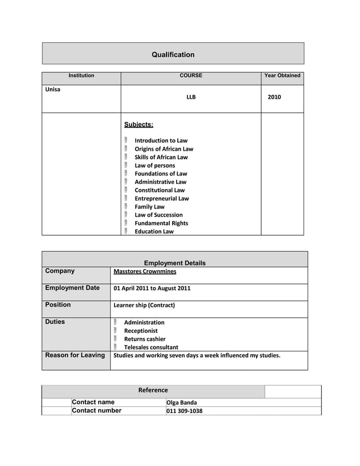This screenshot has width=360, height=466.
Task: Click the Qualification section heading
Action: click(x=173, y=55)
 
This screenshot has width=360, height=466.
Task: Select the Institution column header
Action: click(x=81, y=76)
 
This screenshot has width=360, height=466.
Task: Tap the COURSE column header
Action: click(x=191, y=76)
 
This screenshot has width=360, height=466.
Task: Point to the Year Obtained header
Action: click(x=282, y=76)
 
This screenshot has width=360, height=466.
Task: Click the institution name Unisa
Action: click(x=52, y=90)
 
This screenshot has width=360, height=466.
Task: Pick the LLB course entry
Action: click(x=191, y=97)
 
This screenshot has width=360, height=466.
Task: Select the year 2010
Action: click(x=274, y=97)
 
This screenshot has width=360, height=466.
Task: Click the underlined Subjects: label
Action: click(x=138, y=125)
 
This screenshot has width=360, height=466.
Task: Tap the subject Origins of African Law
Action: click(x=164, y=149)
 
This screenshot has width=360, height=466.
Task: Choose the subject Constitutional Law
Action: click(x=159, y=190)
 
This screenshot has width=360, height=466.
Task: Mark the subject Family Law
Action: click(x=150, y=206)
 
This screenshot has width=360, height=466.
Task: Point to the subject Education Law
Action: click(x=154, y=231)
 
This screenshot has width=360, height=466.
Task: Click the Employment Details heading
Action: click(x=175, y=263)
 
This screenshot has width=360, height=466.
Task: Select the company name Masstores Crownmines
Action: click(x=144, y=271)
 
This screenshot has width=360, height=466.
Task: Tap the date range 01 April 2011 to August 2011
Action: click(x=152, y=288)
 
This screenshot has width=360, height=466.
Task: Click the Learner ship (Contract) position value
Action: click(x=144, y=305)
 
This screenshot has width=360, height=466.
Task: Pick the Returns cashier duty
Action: click(x=144, y=339)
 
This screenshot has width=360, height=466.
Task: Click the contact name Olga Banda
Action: click(x=182, y=403)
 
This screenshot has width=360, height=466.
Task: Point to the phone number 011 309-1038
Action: click(x=184, y=411)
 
